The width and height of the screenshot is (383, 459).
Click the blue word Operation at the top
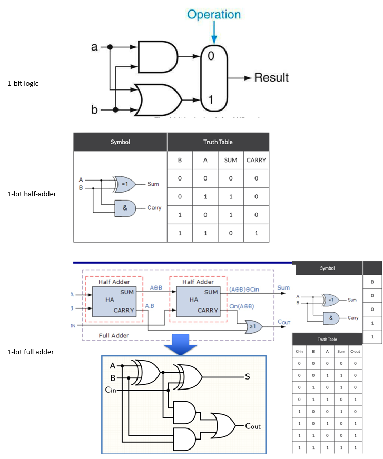[x=214, y=14]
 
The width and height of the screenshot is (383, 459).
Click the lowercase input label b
[x=95, y=110]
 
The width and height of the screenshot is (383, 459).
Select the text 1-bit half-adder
[x=32, y=194]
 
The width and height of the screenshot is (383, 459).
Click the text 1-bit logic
[x=23, y=83]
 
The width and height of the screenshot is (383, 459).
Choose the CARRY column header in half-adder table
[x=256, y=160]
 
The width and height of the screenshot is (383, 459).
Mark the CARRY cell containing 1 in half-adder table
[x=256, y=233]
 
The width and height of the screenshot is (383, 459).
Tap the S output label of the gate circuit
[x=247, y=377]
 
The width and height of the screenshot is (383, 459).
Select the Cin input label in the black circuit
[x=111, y=390]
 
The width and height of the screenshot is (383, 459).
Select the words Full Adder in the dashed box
[x=114, y=335]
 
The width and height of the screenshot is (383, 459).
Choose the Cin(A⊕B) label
[x=242, y=306]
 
